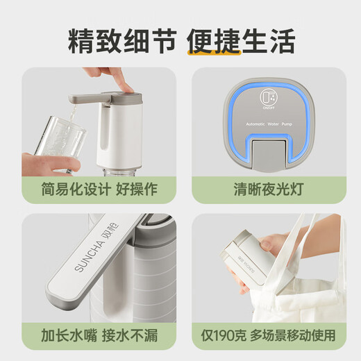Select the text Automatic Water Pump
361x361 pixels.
[269, 122]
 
